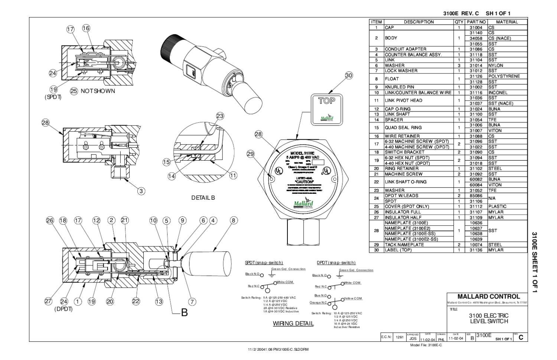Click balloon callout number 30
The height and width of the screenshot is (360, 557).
click(349, 75)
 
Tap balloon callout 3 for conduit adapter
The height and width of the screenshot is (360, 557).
click(141, 191)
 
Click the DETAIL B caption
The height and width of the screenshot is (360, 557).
click(203, 198)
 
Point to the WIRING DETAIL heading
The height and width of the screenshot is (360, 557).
click(293, 323)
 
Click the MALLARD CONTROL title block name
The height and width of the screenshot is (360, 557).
click(489, 297)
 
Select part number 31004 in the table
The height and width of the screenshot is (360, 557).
click(476, 27)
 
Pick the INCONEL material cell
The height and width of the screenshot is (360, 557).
click(498, 92)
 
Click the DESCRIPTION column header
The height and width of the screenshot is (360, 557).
click(418, 22)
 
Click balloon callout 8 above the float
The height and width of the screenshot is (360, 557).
click(233, 220)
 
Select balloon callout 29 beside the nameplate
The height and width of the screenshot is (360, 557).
click(251, 154)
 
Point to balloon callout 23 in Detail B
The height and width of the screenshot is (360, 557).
click(220, 116)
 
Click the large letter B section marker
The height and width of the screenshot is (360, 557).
click(184, 312)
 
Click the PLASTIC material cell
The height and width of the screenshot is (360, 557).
click(497, 206)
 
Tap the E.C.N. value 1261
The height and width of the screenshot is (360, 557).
click(400, 337)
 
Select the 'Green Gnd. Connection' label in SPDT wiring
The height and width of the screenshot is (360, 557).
click(288, 269)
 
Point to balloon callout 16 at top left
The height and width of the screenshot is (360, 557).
click(86, 28)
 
